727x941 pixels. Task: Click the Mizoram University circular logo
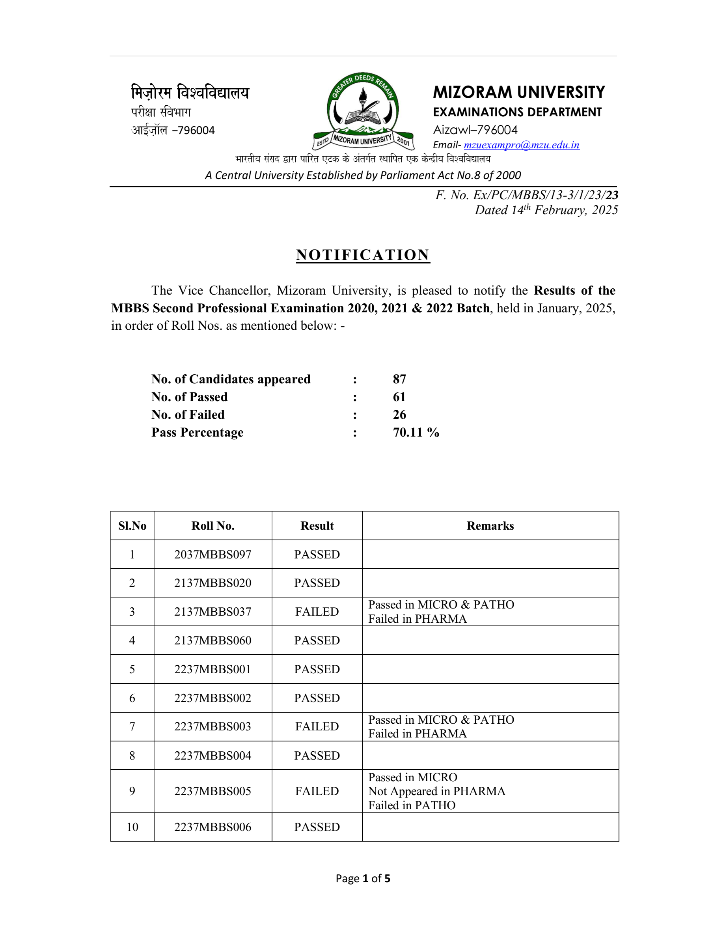click(x=363, y=111)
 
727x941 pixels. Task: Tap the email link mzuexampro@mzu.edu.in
click(x=521, y=145)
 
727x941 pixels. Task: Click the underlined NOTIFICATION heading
click(x=363, y=255)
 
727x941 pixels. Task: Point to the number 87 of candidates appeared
click(x=399, y=379)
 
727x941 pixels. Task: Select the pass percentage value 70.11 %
click(x=416, y=432)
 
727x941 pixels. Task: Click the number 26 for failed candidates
click(x=399, y=414)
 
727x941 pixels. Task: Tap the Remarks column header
click(x=490, y=526)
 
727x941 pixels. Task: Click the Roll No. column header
click(x=213, y=526)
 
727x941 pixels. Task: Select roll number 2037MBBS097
click(x=213, y=555)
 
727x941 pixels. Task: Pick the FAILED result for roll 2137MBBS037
click(x=317, y=612)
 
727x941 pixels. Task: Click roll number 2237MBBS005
click(x=213, y=791)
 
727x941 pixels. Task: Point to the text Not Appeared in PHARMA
click(x=437, y=791)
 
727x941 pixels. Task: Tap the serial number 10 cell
click(x=132, y=827)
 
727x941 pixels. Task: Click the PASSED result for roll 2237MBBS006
click(x=317, y=827)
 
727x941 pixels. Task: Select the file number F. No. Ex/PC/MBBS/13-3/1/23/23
click(x=526, y=195)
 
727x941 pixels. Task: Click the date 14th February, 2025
click(x=546, y=210)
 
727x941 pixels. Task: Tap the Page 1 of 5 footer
click(x=363, y=879)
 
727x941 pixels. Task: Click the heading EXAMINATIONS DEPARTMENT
click(x=517, y=112)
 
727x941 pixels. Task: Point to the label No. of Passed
click(x=190, y=397)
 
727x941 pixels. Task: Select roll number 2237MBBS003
click(x=213, y=726)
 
